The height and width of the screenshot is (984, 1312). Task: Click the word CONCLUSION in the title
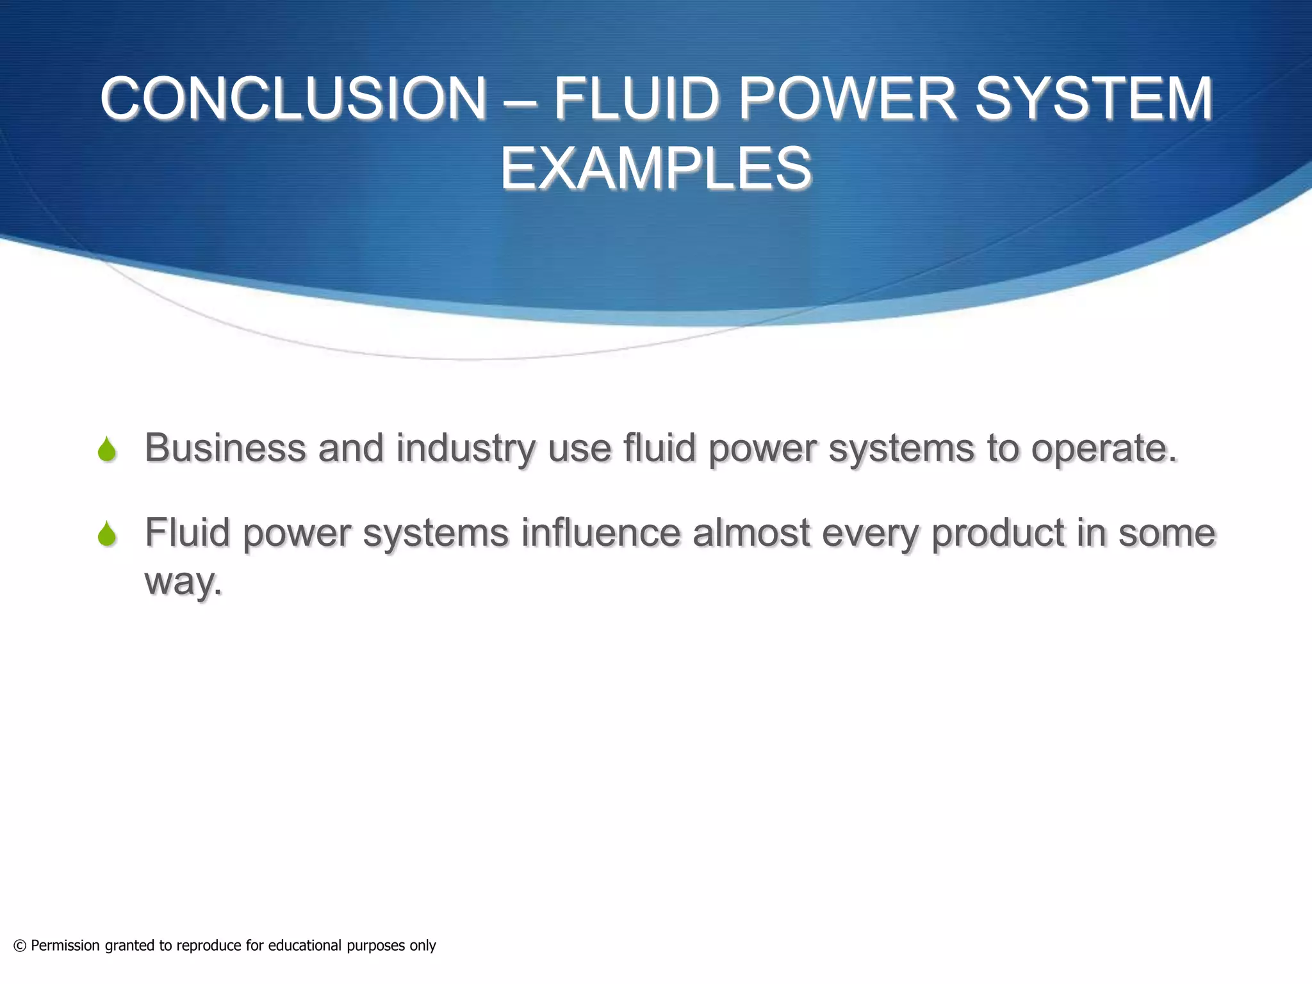coord(293,99)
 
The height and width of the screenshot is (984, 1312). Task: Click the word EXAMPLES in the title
coord(656,168)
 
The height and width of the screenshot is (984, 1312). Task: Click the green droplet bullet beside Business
coord(107,449)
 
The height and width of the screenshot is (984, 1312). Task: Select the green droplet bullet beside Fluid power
coord(107,534)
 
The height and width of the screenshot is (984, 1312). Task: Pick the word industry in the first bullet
coord(465,448)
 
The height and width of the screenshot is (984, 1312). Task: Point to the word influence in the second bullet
coord(600,532)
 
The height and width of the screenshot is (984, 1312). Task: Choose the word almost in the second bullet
coord(751,532)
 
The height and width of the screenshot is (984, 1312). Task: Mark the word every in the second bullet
coord(870,534)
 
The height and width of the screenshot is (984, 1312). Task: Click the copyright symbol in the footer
coord(20,946)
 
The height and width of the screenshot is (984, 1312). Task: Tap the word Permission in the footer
coord(65,946)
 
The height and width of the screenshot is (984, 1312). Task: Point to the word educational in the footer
coord(304,946)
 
